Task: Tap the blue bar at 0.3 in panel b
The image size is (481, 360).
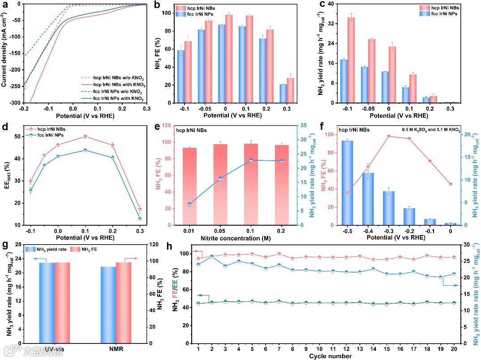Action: click(x=283, y=94)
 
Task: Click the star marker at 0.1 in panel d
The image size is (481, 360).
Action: click(x=85, y=137)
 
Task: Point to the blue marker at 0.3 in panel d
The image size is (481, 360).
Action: click(x=140, y=219)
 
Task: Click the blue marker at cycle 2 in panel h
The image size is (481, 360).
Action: click(x=212, y=256)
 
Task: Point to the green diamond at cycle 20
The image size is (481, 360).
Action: click(x=454, y=303)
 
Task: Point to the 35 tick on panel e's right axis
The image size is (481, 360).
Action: click(x=306, y=126)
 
